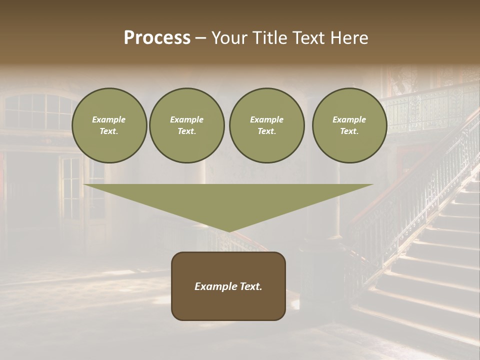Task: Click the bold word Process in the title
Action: pos(157,38)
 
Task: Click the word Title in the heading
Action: pos(269,38)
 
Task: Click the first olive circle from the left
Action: pos(109,125)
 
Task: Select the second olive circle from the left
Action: pos(186,125)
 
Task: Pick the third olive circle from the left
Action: pos(266,125)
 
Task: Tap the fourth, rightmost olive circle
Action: pos(349,125)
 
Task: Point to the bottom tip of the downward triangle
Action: pos(229,231)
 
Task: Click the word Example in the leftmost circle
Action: pos(109,119)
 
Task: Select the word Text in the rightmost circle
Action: pos(349,131)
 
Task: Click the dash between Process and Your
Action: pos(201,38)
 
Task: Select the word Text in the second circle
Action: pos(186,131)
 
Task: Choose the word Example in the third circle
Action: pos(266,119)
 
